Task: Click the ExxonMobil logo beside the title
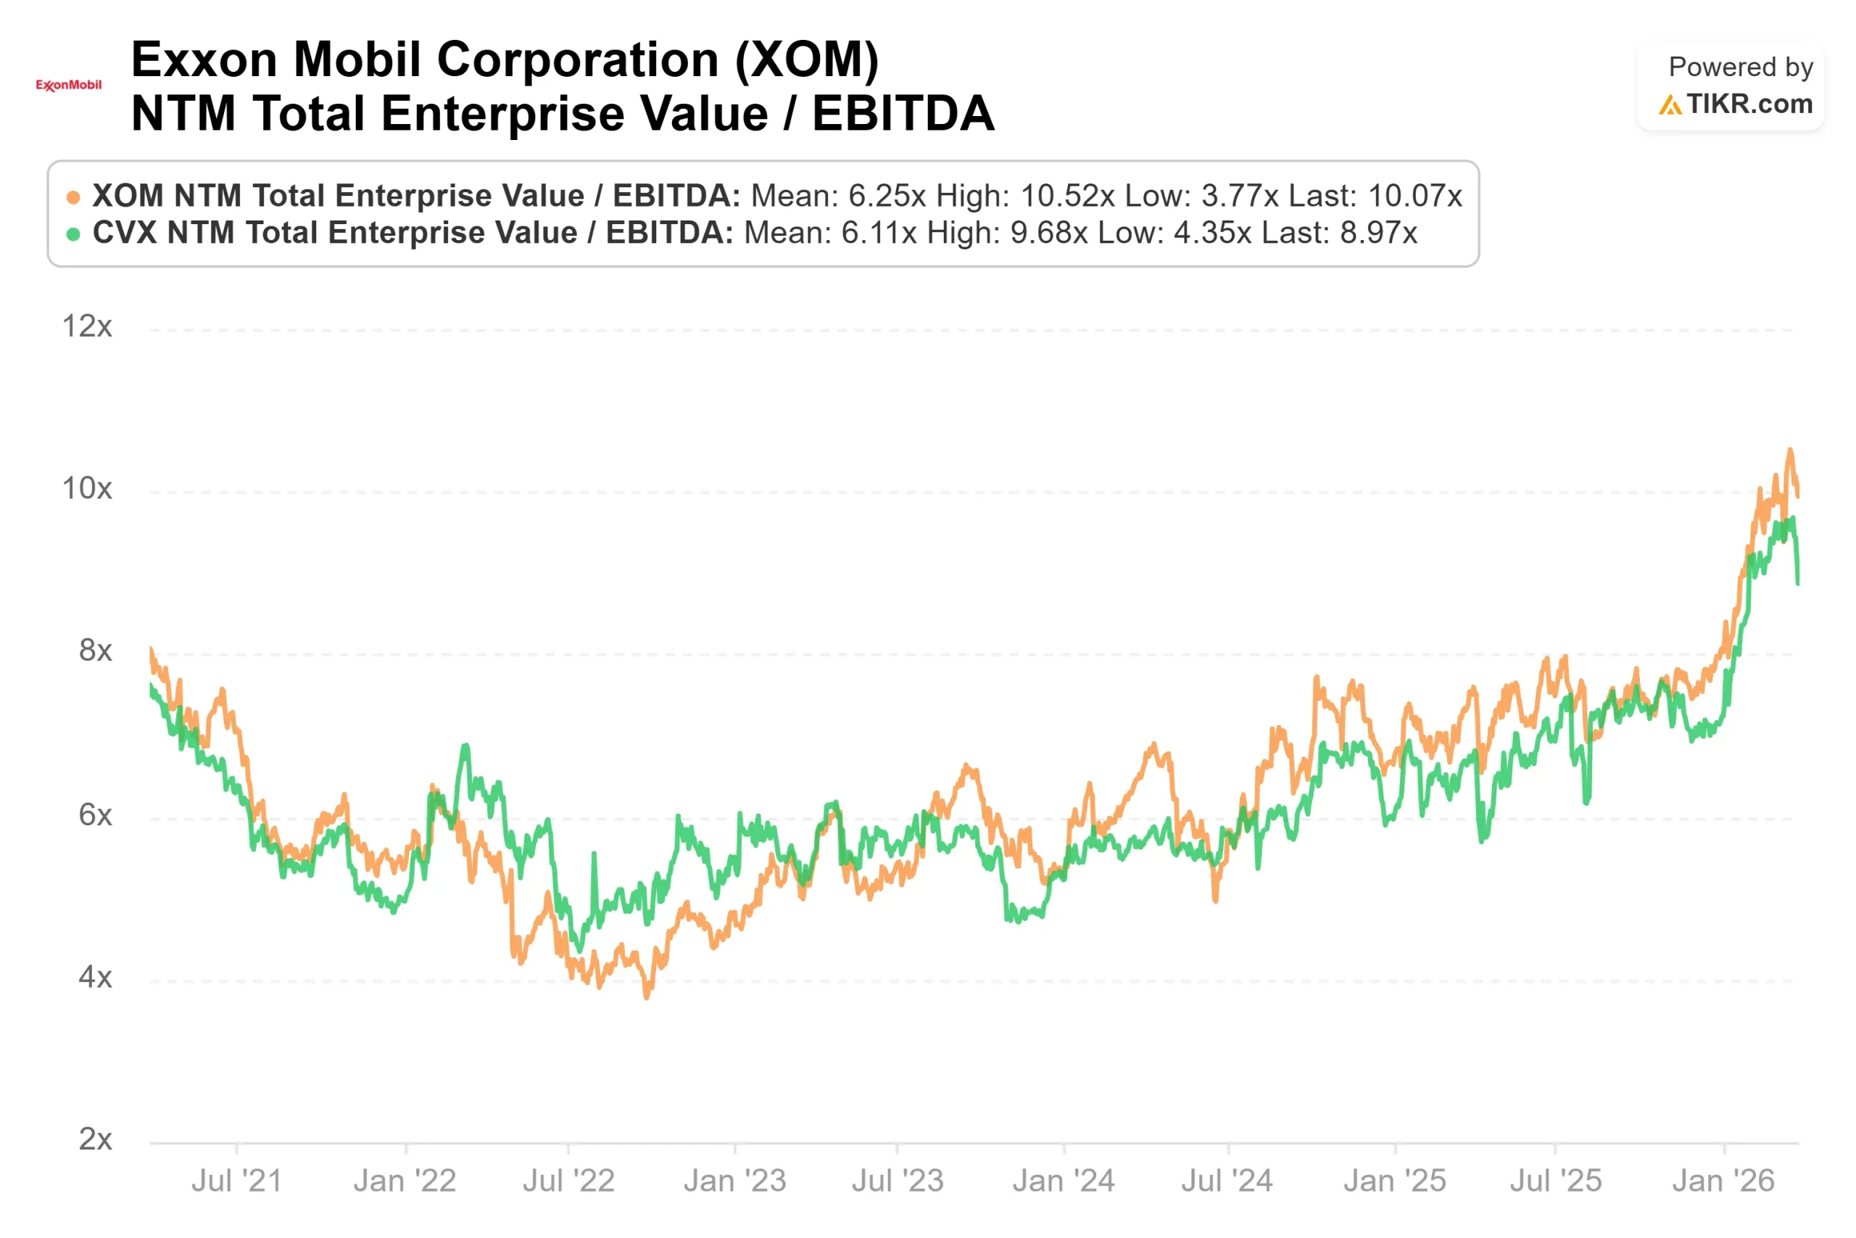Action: (69, 86)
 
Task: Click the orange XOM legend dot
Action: (73, 197)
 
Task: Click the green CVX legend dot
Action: (73, 234)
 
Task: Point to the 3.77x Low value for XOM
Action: (1240, 196)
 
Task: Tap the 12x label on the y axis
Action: (87, 326)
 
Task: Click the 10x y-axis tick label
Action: (87, 489)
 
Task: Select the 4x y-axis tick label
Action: (95, 978)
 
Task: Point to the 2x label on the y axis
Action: (95, 1139)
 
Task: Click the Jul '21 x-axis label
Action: (237, 1181)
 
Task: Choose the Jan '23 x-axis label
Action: (734, 1181)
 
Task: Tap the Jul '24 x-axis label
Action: (1227, 1181)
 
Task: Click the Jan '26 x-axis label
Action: (1723, 1181)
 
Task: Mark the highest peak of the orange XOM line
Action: (1790, 450)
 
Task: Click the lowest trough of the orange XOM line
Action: (647, 997)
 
